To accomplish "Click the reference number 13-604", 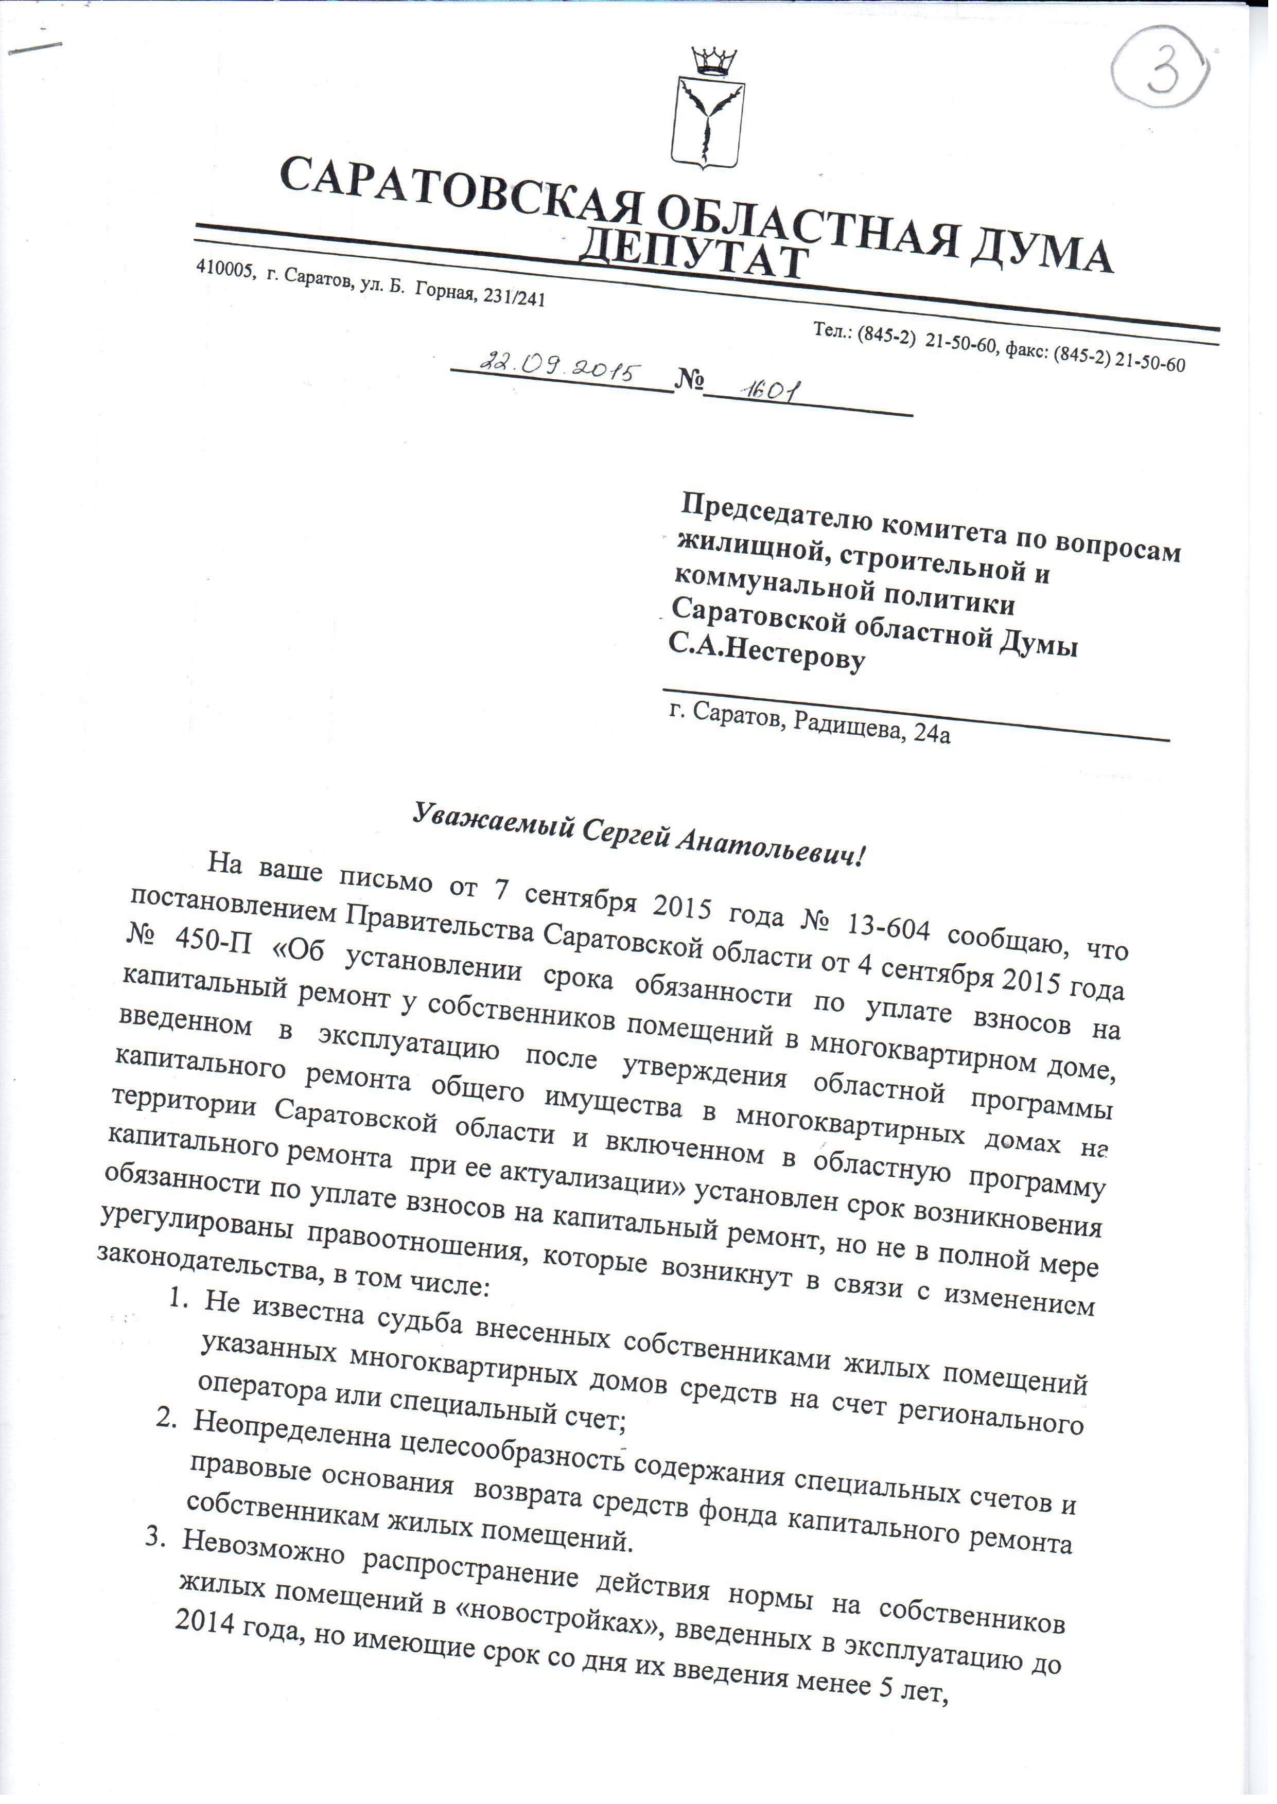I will (885, 930).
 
